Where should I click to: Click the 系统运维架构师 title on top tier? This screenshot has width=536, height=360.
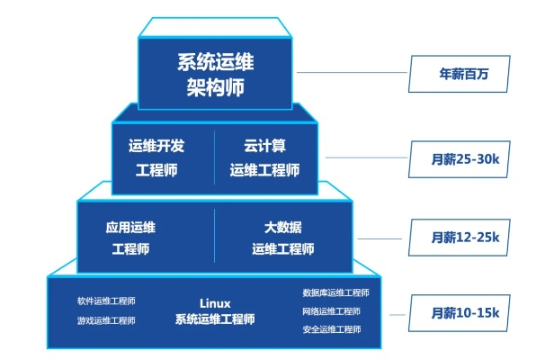point(215,76)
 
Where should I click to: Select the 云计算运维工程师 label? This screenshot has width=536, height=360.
point(264,157)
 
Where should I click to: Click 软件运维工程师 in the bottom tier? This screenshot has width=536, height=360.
point(106,301)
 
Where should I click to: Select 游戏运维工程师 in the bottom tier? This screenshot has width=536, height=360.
point(106,319)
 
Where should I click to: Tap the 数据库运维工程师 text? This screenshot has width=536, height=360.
point(335,292)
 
